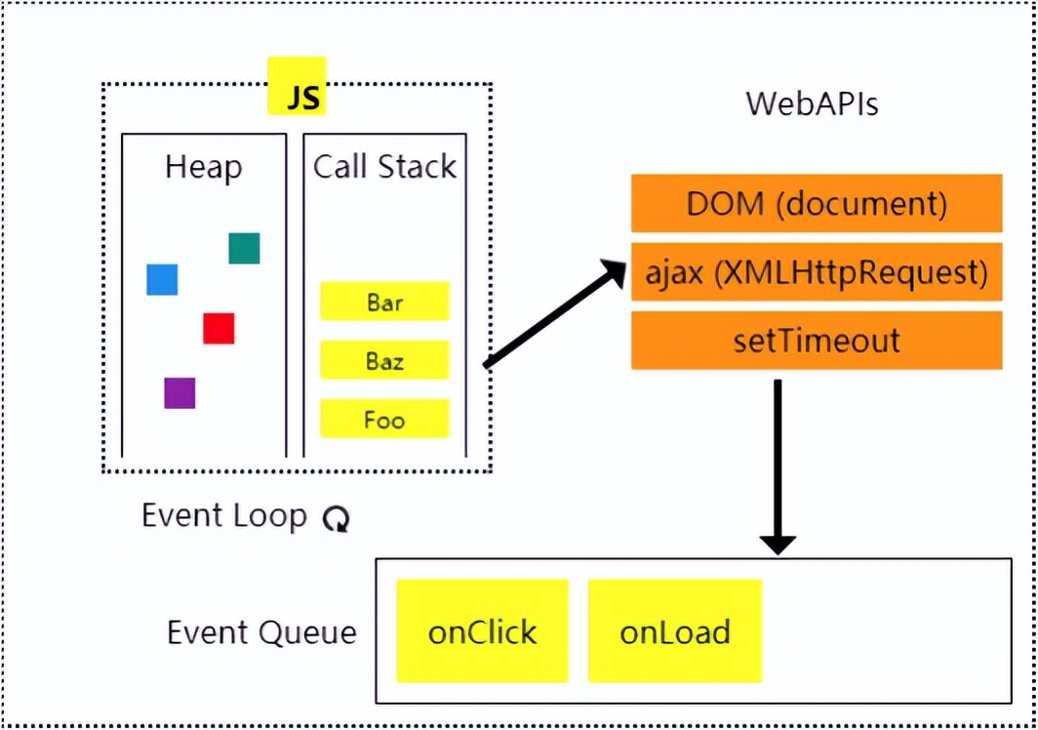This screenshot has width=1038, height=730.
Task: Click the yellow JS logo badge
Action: [x=297, y=86]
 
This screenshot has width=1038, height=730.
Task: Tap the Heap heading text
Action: [x=203, y=167]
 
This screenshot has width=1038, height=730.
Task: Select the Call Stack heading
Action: [x=384, y=166]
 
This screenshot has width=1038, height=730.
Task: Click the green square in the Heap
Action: [x=244, y=249]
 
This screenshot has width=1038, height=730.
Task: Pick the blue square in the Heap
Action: [x=162, y=279]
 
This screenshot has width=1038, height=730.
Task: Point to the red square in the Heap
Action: [x=219, y=328]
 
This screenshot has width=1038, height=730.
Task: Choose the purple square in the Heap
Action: [x=180, y=393]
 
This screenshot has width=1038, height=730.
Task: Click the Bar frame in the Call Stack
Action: [x=384, y=302]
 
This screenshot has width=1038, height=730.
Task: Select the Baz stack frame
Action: [x=384, y=360]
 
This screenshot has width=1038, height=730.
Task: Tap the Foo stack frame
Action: [x=384, y=419]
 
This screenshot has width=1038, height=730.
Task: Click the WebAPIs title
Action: [x=813, y=104]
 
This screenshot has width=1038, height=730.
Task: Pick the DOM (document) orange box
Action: [x=817, y=203]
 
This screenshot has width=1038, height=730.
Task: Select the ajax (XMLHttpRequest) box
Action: [x=817, y=271]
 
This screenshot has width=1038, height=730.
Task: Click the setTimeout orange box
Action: [x=817, y=341]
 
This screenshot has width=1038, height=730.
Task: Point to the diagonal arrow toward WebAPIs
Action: [x=555, y=312]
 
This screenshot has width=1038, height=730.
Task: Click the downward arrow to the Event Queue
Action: [x=778, y=467]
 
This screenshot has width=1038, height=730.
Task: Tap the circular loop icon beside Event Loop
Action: [x=337, y=518]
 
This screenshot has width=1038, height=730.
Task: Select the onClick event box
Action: [x=483, y=631]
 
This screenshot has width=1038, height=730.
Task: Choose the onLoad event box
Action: [x=675, y=631]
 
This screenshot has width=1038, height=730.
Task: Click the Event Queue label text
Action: [x=261, y=632]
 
